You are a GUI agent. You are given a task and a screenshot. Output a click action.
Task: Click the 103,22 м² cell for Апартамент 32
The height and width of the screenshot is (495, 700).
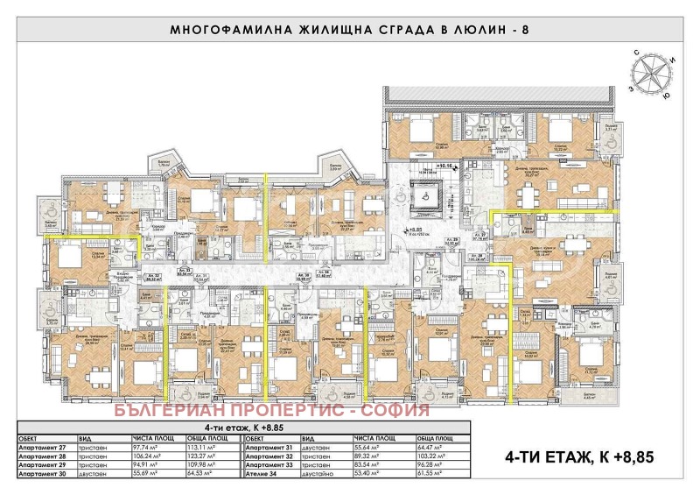(435, 456)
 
